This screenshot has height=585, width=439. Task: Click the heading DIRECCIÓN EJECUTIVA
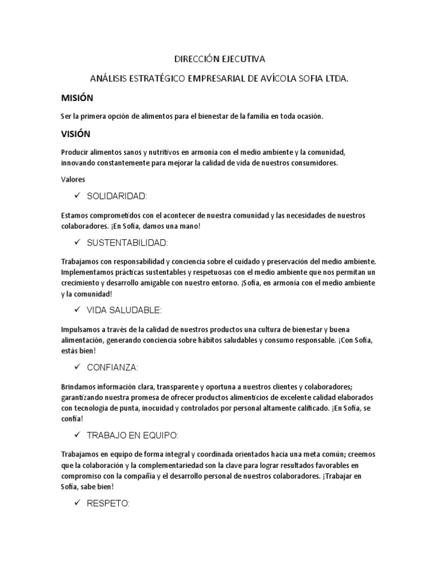coord(219,59)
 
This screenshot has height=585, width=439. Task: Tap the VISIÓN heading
coord(75,134)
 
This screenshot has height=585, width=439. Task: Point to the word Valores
coord(73,179)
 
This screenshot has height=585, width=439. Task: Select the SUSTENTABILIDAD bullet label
coord(127,243)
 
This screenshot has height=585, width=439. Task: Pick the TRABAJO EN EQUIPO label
coord(132,435)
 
